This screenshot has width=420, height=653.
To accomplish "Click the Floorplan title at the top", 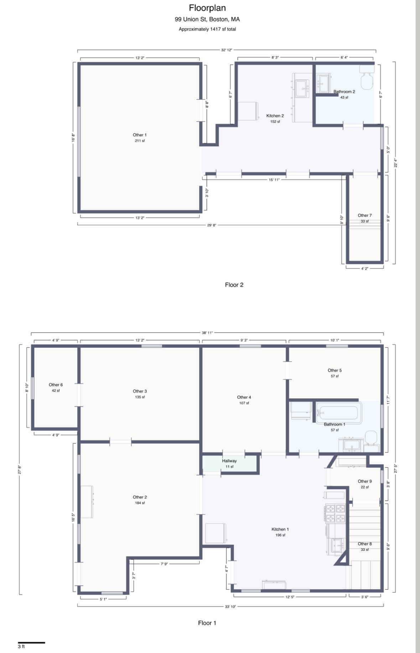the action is point(207,8).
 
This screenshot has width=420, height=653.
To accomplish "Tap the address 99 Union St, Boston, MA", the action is point(207,19).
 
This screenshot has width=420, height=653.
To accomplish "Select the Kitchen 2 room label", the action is point(275,116).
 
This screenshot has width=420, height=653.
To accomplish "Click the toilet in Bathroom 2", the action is point(367,77).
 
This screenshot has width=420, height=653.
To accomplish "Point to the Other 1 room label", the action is point(140,135).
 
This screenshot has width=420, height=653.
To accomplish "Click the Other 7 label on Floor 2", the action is point(365,216).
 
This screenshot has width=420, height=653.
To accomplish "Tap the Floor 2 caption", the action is point(234,285).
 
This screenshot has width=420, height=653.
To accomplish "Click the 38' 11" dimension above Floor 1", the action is point(207,333).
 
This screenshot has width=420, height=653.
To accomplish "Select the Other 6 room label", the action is point(56,385).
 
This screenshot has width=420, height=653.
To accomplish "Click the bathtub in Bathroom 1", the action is point(339,413).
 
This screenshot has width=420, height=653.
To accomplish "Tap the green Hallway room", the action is point(230,464).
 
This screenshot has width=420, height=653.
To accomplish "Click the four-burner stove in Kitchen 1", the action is point(336,513).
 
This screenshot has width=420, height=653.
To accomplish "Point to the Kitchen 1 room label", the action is point(280,529).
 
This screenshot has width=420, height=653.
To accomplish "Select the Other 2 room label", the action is point(140,497).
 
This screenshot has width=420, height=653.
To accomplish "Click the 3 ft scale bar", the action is point(31,643).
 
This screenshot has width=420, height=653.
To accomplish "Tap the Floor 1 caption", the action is point(207,623).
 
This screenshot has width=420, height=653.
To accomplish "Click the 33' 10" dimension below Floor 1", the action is point(230,607).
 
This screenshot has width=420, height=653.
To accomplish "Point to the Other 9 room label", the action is point(365,481).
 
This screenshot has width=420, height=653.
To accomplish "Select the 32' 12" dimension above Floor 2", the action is point(227,50).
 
